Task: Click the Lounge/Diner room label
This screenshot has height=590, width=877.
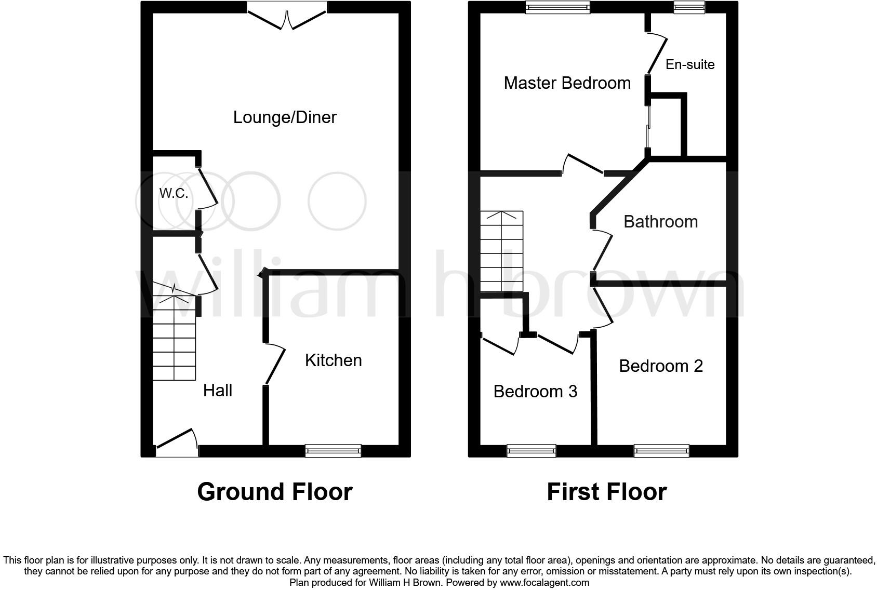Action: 285,117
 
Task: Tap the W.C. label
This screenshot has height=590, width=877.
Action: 174,194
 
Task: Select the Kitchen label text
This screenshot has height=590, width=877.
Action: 333,360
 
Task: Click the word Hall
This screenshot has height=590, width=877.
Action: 217,391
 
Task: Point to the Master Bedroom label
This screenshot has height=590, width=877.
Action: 567,83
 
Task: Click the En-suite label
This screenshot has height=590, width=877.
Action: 690,64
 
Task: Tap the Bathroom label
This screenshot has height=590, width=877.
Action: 660,222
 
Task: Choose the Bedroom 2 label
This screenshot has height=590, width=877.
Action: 660,366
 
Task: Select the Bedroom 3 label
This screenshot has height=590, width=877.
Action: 535,391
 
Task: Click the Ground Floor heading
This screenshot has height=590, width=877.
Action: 274,492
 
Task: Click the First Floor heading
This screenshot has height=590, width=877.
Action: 606,492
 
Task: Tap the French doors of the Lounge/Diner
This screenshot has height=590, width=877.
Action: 287,16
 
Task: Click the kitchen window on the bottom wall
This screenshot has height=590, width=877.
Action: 333,450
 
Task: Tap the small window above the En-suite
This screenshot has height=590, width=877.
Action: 689,7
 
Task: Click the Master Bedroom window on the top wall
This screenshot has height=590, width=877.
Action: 557,7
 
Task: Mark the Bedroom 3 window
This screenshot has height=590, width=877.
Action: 531,450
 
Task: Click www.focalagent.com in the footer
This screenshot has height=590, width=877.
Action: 544,583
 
